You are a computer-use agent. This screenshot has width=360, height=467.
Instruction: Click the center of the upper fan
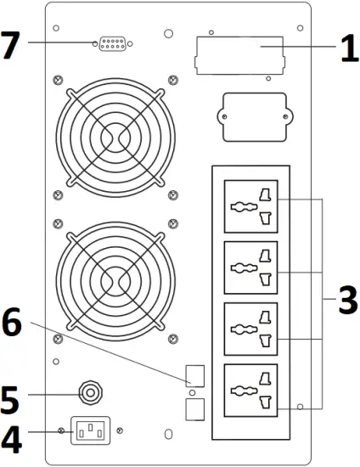point(115,133)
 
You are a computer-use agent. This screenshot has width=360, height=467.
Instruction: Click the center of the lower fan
point(115,277)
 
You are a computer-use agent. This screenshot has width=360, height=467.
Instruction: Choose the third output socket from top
point(253,332)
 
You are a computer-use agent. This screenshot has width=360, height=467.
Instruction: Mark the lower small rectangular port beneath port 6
point(194,410)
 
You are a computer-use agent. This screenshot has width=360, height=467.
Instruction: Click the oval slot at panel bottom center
point(168,435)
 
